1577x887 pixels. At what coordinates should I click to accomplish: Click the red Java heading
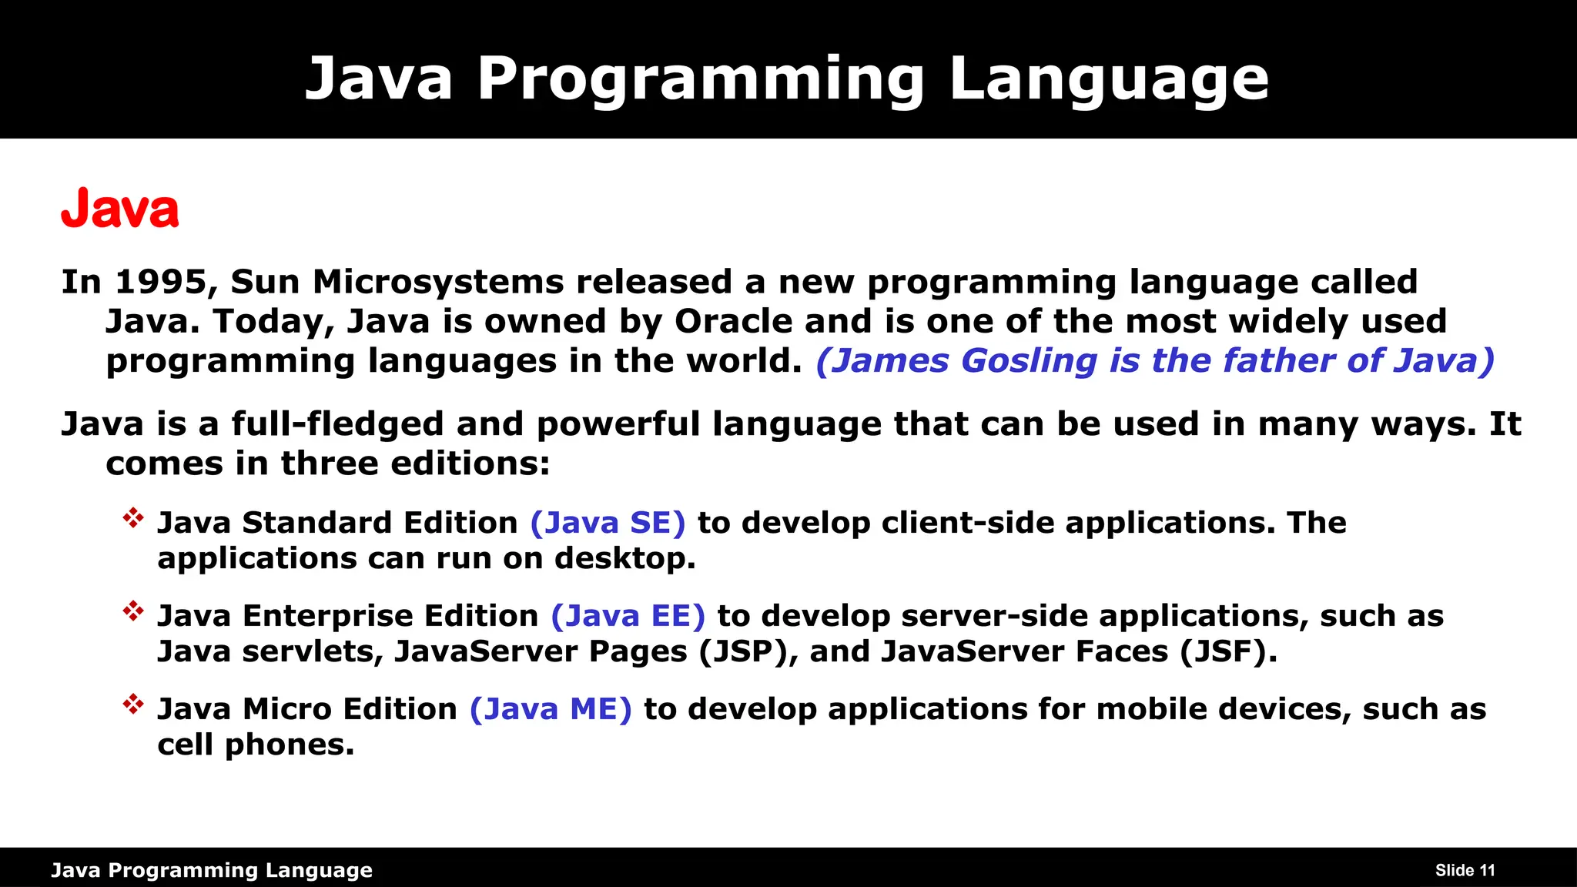[x=120, y=209]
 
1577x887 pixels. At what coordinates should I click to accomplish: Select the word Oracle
[x=733, y=321]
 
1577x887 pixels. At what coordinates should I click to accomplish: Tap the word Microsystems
[x=438, y=282]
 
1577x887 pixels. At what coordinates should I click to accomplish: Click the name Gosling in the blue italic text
[x=1029, y=361]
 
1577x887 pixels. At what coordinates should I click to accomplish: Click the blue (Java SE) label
[x=608, y=523]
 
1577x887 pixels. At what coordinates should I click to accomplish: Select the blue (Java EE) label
[x=628, y=616]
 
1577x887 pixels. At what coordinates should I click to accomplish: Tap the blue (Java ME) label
[x=551, y=709]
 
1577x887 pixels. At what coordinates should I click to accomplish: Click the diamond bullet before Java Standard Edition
[x=133, y=518]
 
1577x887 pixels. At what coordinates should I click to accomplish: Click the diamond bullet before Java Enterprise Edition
[x=133, y=611]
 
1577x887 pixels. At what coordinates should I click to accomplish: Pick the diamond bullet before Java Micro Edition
[x=133, y=705]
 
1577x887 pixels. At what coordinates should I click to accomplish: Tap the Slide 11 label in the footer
[x=1465, y=871]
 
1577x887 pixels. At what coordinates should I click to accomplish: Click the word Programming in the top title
[x=701, y=79]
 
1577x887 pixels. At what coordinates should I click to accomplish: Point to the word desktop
[x=624, y=559]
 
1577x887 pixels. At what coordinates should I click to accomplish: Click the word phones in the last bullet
[x=289, y=745]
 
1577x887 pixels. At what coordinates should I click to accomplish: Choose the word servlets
[x=313, y=652]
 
